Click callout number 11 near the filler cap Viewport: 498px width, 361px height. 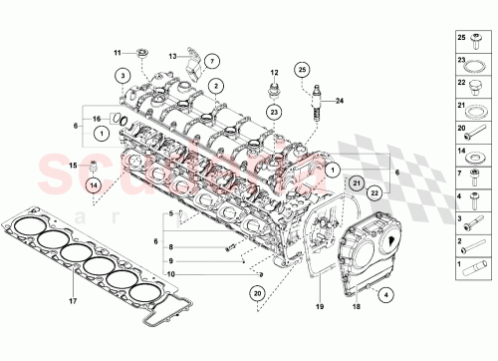click(x=116, y=52)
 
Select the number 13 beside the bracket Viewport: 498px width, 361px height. click(x=172, y=56)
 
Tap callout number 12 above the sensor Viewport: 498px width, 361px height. click(x=272, y=73)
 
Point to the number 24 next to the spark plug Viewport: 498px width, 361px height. click(x=339, y=101)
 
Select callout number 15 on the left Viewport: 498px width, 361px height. click(x=71, y=164)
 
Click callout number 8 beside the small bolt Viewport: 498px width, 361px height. click(x=170, y=246)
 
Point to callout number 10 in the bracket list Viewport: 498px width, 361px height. click(x=170, y=273)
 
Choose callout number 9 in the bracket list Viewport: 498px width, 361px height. click(x=170, y=260)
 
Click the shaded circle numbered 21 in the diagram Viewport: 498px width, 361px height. click(x=357, y=182)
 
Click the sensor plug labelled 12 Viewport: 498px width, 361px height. click(x=272, y=94)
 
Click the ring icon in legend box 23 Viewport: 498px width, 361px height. click(x=475, y=64)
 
